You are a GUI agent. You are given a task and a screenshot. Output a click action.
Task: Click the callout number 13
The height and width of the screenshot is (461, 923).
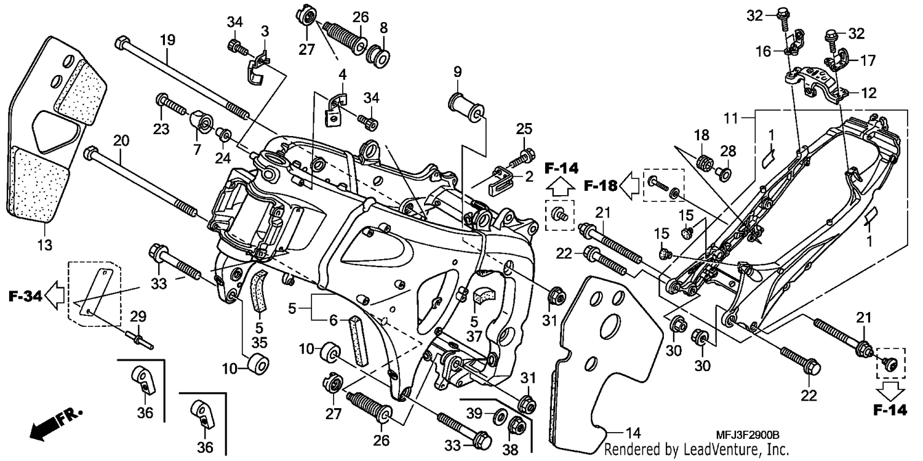(45, 245)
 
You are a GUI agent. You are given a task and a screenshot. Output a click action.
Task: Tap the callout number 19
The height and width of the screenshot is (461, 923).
(167, 40)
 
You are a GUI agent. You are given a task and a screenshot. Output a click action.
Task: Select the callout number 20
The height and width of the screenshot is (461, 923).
(121, 140)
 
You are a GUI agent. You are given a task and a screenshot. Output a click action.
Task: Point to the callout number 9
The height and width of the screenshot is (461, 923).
(457, 72)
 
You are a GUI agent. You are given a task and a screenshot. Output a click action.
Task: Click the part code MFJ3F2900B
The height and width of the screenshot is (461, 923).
(748, 435)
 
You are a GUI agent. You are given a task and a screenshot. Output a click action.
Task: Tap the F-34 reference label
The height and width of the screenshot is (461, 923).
(25, 296)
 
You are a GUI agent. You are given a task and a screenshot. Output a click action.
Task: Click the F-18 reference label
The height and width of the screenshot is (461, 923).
(601, 186)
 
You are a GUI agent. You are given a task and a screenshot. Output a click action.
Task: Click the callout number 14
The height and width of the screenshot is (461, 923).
(633, 433)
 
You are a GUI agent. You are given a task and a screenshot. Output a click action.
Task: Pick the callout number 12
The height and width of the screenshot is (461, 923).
(869, 93)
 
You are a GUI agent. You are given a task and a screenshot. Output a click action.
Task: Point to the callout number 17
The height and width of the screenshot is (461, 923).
(868, 61)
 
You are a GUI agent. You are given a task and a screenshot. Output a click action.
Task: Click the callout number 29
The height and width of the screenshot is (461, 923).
(138, 316)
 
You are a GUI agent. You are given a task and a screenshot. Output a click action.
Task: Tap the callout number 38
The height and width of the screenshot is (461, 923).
(510, 449)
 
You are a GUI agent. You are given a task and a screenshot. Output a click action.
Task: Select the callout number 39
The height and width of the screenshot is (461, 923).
(474, 413)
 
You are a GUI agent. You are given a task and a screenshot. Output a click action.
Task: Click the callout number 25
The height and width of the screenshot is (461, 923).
(524, 129)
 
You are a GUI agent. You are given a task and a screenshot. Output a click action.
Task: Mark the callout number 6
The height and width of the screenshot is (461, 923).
(333, 320)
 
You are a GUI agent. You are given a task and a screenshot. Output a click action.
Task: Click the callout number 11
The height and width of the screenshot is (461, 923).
(731, 119)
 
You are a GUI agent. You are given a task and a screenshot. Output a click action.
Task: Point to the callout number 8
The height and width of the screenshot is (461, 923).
(383, 28)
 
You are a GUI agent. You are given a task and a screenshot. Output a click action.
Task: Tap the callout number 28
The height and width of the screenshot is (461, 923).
(728, 151)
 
